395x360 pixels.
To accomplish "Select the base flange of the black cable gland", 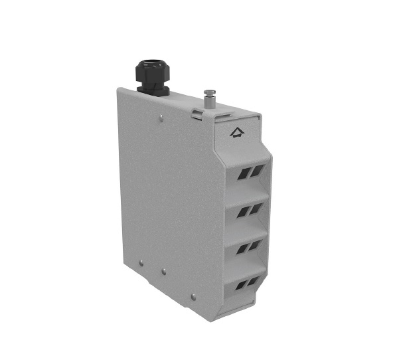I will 153,91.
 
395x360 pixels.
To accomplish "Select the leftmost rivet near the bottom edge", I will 141,263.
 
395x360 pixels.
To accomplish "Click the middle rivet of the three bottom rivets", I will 164,271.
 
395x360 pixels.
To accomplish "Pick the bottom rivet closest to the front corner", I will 193,297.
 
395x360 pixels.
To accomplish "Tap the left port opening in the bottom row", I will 242,286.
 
